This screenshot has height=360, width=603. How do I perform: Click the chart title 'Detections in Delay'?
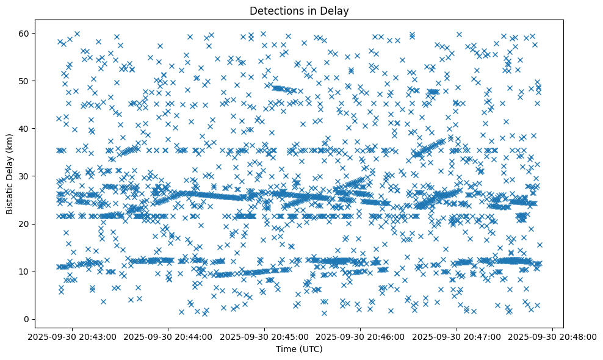[x=299, y=10]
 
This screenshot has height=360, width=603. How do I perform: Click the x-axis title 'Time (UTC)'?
[x=299, y=350]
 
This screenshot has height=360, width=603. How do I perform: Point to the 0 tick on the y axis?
[x=27, y=319]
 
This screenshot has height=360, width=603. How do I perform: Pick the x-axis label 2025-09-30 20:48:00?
[x=552, y=336]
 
